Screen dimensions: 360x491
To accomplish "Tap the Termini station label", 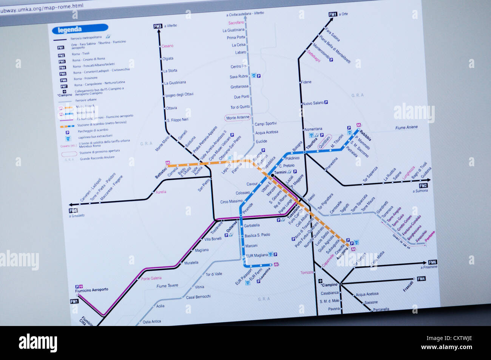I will tap(281, 172).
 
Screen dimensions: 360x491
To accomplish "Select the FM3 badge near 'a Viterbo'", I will tap(157, 26).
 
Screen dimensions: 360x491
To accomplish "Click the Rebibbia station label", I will tap(365, 134).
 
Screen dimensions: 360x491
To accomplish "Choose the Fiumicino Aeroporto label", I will tap(92, 290).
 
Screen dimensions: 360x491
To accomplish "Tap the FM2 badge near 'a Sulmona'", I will tap(423, 186).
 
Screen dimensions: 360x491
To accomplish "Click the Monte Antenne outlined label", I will tap(238, 118).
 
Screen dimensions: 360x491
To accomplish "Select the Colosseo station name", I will tap(242, 193).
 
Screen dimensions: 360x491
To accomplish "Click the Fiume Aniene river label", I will tap(406, 128).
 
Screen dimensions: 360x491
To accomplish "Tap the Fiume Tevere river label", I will tap(167, 286).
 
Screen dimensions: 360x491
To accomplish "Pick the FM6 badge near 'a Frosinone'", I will tap(432, 262).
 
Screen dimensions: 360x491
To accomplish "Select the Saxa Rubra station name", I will tap(239, 77).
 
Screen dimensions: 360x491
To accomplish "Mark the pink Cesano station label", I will tap(167, 46).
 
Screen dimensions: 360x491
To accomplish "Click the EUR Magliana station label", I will tap(256, 255).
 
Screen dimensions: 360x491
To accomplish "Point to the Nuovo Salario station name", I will tap(313, 103).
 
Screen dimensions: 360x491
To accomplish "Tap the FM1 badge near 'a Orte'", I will tap(332, 14).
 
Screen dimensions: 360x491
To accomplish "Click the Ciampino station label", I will tap(330, 284).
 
